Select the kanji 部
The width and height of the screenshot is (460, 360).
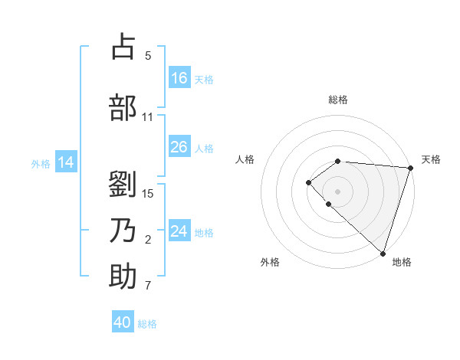(x=123, y=108)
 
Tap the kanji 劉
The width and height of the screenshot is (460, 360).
(x=123, y=185)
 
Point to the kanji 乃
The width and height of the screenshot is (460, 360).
(x=123, y=231)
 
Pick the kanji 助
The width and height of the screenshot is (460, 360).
(x=123, y=277)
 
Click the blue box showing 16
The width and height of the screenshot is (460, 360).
(x=179, y=78)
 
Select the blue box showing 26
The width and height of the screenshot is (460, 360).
(x=179, y=147)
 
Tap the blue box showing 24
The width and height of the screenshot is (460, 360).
(x=179, y=231)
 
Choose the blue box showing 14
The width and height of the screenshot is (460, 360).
(x=66, y=162)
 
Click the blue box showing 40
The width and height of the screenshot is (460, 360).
(x=123, y=322)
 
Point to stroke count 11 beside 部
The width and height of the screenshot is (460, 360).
(x=147, y=117)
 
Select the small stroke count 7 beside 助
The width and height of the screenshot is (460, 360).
(x=147, y=286)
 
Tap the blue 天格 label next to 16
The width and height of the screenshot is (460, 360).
(x=204, y=79)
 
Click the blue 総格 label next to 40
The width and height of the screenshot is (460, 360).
(x=147, y=324)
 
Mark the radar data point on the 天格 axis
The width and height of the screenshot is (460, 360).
(x=410, y=168)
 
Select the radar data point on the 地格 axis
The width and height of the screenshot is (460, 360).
(x=383, y=253)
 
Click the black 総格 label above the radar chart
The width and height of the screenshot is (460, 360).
(x=338, y=100)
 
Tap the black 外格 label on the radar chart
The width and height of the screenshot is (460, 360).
(x=270, y=262)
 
